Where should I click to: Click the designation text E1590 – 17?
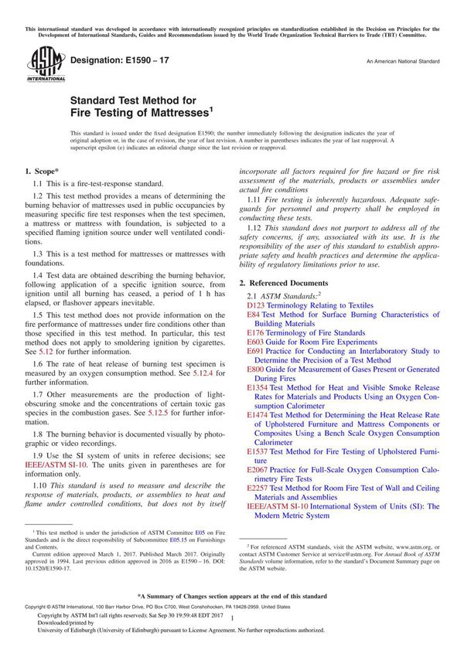click(115, 60)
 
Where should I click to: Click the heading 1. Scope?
click(39, 170)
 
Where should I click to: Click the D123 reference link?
click(254, 306)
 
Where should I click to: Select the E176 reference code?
click(254, 332)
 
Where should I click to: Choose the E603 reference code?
click(255, 342)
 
